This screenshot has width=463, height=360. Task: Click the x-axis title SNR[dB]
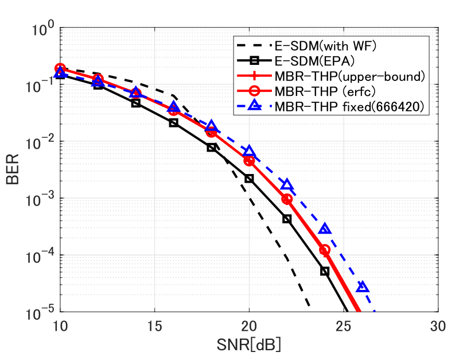pos(248,346)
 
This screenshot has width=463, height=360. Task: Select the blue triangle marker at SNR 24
pos(325,229)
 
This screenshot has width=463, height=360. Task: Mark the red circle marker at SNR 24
pos(325,250)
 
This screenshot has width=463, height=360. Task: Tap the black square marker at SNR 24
pos(325,271)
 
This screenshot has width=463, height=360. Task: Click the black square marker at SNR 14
pos(136,103)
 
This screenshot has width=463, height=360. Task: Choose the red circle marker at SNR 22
pos(287,199)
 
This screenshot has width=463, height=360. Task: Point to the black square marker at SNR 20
pos(249,179)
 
